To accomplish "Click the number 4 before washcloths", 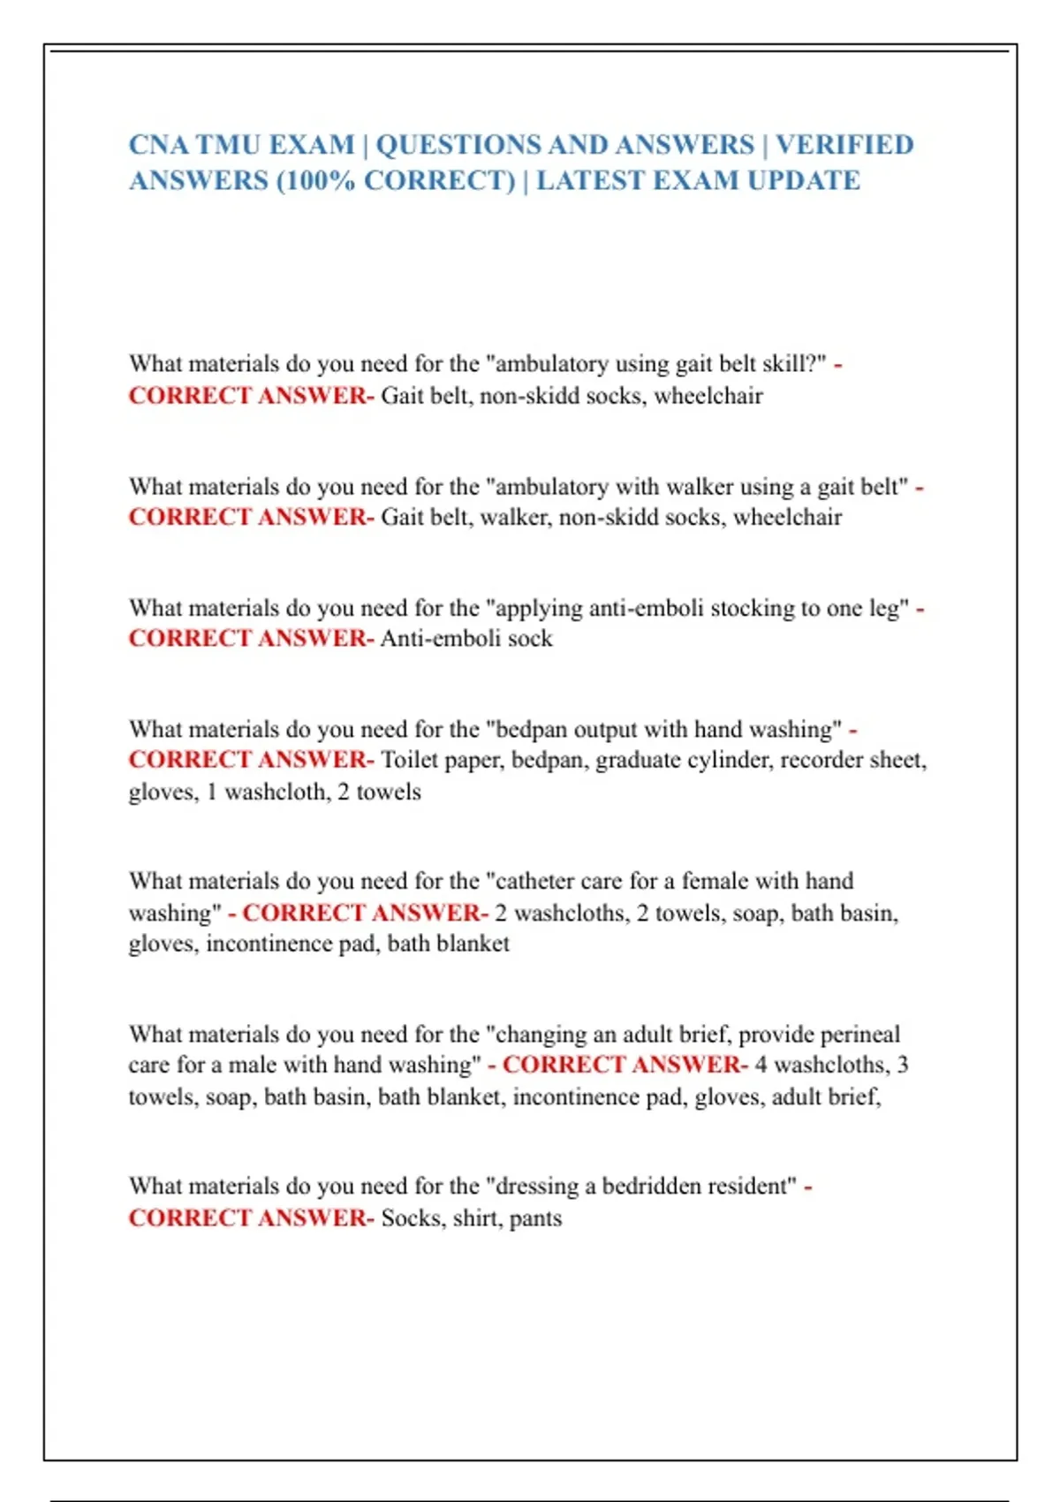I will coord(761,1066).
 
